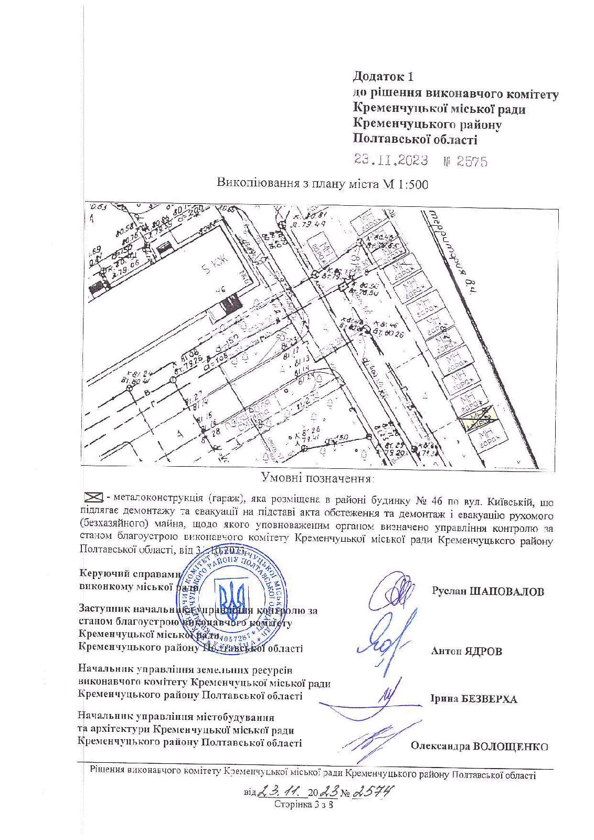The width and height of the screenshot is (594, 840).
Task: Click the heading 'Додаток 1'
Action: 384,77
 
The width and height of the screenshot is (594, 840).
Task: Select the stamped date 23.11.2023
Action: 391,160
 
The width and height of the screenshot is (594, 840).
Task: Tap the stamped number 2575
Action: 472,161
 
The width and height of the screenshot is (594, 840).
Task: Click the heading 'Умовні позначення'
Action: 317,478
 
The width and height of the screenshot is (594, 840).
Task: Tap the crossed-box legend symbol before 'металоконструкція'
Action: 93,496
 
